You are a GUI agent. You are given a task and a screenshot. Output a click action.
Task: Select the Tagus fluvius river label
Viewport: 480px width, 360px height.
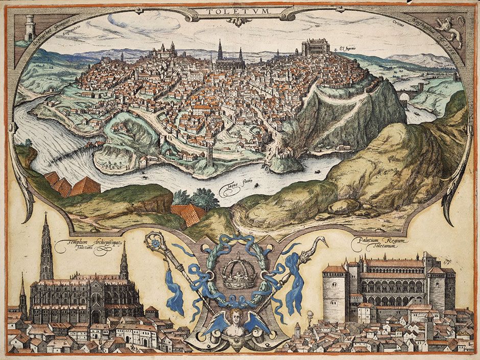(231, 190)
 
